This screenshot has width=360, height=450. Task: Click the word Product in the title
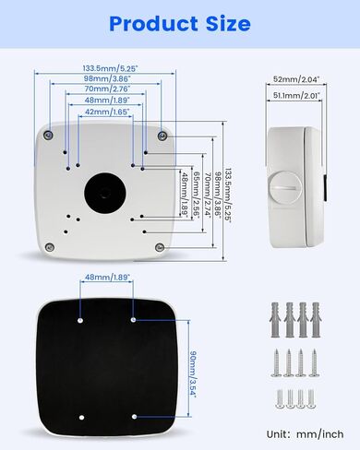pyautogui.click(x=153, y=24)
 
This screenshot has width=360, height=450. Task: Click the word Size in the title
pyautogui.click(x=228, y=24)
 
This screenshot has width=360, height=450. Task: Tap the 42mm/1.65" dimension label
pyautogui.click(x=107, y=112)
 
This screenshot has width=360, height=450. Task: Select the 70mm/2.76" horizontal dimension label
pyautogui.click(x=107, y=89)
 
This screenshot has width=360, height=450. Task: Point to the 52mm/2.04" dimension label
pyautogui.click(x=296, y=79)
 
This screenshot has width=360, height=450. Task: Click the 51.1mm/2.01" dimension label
pyautogui.click(x=296, y=96)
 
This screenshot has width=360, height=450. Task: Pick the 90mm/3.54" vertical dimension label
pyautogui.click(x=193, y=373)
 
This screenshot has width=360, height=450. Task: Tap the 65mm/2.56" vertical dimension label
pyautogui.click(x=197, y=195)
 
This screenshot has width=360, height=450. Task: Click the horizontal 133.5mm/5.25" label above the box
pyautogui.click(x=110, y=68)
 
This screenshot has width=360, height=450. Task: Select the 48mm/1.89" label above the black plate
pyautogui.click(x=107, y=277)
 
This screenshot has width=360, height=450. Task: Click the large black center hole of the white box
pyautogui.click(x=105, y=193)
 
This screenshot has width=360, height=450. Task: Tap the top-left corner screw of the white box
pyautogui.click(x=48, y=135)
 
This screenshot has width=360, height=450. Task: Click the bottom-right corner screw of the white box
pyautogui.click(x=160, y=247)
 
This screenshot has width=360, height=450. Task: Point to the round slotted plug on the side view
pyautogui.click(x=284, y=187)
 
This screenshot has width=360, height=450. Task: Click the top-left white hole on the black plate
pyautogui.click(x=80, y=320)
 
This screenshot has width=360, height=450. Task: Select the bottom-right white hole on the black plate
pyautogui.click(x=134, y=417)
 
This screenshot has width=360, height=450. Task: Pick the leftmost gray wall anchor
pyautogui.click(x=275, y=320)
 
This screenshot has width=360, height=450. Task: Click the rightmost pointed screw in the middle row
pyautogui.click(x=314, y=363)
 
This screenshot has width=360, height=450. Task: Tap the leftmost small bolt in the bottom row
pyautogui.click(x=280, y=399)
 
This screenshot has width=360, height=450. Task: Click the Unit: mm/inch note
pyautogui.click(x=305, y=434)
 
